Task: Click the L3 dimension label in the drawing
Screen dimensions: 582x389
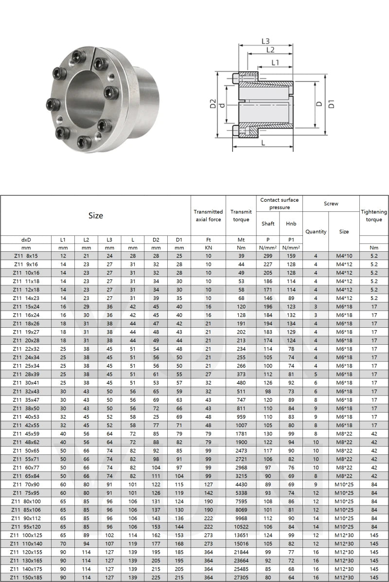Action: [265, 41]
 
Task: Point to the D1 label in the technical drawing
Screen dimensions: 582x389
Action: [332, 104]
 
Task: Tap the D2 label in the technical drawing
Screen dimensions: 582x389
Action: [212, 104]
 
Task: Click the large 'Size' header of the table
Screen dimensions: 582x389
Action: [95, 216]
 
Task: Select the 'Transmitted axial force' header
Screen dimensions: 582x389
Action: [208, 216]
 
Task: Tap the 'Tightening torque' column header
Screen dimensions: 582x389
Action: [374, 216]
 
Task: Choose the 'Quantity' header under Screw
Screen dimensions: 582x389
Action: [316, 232]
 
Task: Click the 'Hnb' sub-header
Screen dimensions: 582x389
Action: [291, 224]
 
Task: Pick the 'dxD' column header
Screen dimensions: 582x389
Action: [26, 240]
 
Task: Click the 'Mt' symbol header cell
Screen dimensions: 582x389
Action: [241, 240]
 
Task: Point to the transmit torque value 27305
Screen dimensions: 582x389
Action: [241, 577]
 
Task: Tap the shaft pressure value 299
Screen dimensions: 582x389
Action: [268, 256]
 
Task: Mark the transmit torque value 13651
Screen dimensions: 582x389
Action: [241, 535]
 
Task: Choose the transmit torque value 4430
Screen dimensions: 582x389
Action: [241, 484]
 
